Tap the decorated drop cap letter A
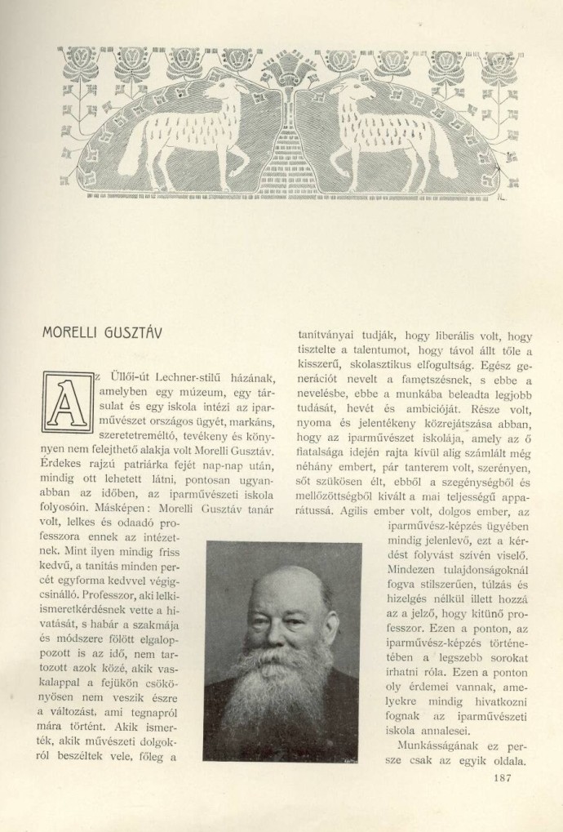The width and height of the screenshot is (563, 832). [69, 403]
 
